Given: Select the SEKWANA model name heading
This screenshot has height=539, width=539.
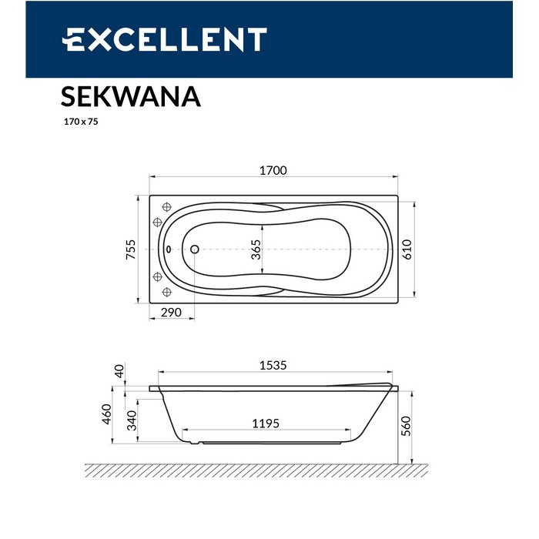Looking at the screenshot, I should point(130,97).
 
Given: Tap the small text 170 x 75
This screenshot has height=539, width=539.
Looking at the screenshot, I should point(80,122).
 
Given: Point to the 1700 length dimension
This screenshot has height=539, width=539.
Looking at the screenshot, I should point(273,170).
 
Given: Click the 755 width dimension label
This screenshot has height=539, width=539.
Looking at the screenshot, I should point(131,251).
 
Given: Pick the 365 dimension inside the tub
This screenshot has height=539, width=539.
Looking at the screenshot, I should point(256,251).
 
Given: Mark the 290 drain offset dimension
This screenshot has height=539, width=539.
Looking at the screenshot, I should point(171,312).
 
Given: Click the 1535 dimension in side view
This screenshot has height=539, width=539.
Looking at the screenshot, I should point(271,366).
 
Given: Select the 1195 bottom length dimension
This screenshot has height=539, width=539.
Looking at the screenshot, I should point(265,423).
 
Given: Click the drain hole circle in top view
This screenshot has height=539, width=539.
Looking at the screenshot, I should point(194,249).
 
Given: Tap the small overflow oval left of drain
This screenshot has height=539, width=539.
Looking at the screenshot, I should point(169,249).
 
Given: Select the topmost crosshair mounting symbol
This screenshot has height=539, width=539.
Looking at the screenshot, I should point(166,206).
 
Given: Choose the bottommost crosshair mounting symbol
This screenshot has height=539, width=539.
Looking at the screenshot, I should point(166,293).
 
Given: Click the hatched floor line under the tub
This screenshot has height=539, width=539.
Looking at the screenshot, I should point(254,470).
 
